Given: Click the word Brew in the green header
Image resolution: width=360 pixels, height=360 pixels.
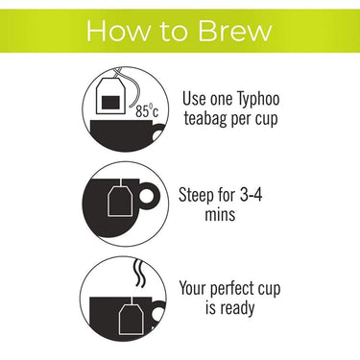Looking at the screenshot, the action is pos(234,31).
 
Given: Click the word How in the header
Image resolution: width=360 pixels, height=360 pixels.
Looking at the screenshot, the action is pos(118,31).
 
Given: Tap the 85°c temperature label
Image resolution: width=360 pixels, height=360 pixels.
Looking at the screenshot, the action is pos(147,111).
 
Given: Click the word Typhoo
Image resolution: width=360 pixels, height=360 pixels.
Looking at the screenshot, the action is pos(258,99).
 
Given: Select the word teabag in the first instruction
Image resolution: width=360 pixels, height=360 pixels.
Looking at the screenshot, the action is pos(204,119).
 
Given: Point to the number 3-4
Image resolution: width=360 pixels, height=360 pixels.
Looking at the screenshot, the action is pos(252,194).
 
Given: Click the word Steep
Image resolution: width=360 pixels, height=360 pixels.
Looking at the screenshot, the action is pos(195,195).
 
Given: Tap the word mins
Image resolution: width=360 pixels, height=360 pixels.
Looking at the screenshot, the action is pos(220,214).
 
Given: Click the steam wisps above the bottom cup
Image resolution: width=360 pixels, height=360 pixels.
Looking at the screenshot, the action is pos(139,273).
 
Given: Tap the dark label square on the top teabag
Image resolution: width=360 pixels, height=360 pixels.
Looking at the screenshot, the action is pos(110,103).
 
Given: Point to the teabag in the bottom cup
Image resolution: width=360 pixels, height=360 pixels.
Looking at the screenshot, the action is pos(132,319).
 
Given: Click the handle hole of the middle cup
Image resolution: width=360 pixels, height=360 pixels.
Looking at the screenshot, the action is pos(146,195).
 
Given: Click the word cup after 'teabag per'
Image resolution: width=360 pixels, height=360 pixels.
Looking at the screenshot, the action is pos(266,120).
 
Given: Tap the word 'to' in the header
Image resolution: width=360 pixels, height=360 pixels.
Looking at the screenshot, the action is pos(174,32).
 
